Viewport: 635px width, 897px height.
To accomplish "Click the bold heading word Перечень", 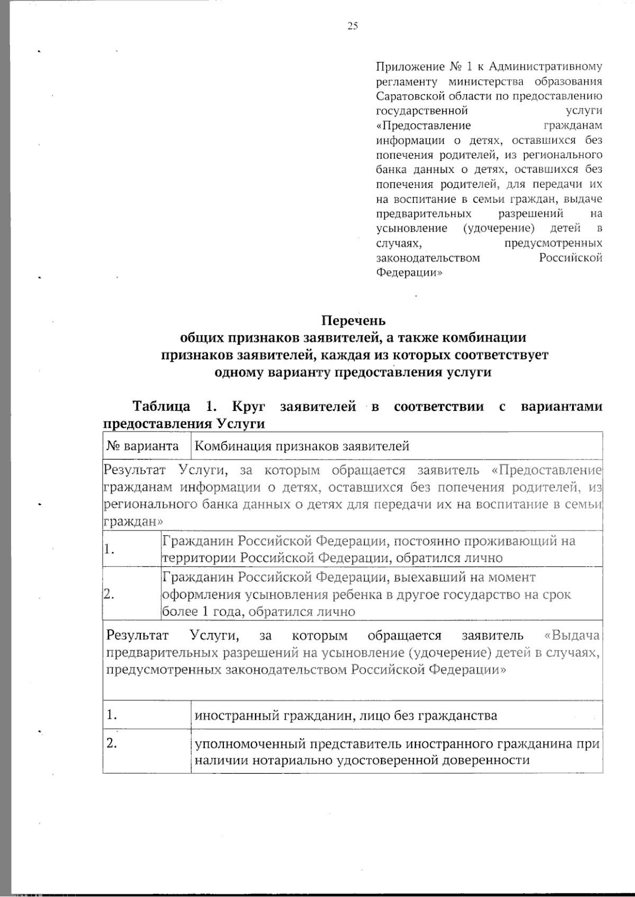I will pos(353,321).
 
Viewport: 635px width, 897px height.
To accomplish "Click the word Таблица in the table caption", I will pos(161,407).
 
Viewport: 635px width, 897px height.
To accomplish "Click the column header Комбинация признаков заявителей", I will pos(302,446).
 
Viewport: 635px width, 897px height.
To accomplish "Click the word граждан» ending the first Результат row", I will pos(125,521).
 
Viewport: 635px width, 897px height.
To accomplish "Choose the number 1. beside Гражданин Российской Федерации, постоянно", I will pos(110,549).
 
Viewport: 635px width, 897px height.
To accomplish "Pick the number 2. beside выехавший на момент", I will pos(110,594).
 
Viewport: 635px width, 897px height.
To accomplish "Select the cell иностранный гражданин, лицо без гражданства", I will pos(346,716).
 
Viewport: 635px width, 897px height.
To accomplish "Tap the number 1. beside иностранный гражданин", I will pos(111,715).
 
